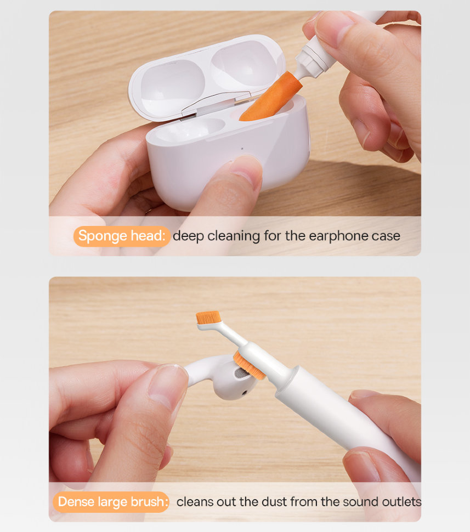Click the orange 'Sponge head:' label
[x=121, y=236]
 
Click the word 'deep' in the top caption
[x=188, y=236]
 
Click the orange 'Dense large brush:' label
[x=112, y=502]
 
